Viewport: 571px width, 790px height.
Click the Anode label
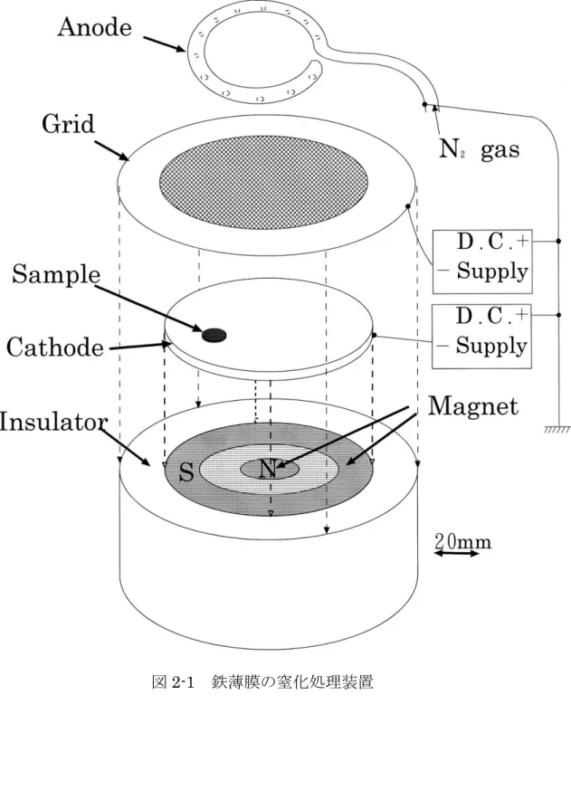94,27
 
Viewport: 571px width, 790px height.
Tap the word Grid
68,123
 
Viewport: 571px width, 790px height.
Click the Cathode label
54,347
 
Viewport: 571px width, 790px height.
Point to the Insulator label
53,422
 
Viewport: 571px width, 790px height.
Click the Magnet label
472,406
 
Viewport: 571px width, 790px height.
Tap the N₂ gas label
479,149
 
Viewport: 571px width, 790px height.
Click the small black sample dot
214,334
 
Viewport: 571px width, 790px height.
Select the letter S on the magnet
186,472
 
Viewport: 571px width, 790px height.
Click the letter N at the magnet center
268,469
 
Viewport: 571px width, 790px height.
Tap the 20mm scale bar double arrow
457,554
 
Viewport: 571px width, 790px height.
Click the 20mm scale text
462,542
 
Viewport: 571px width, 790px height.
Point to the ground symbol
557,429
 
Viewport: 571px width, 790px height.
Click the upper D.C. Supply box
482,262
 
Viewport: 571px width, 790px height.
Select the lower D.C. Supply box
481,336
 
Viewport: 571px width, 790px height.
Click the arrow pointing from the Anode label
165,43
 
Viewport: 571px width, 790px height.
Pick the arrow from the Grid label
112,150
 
